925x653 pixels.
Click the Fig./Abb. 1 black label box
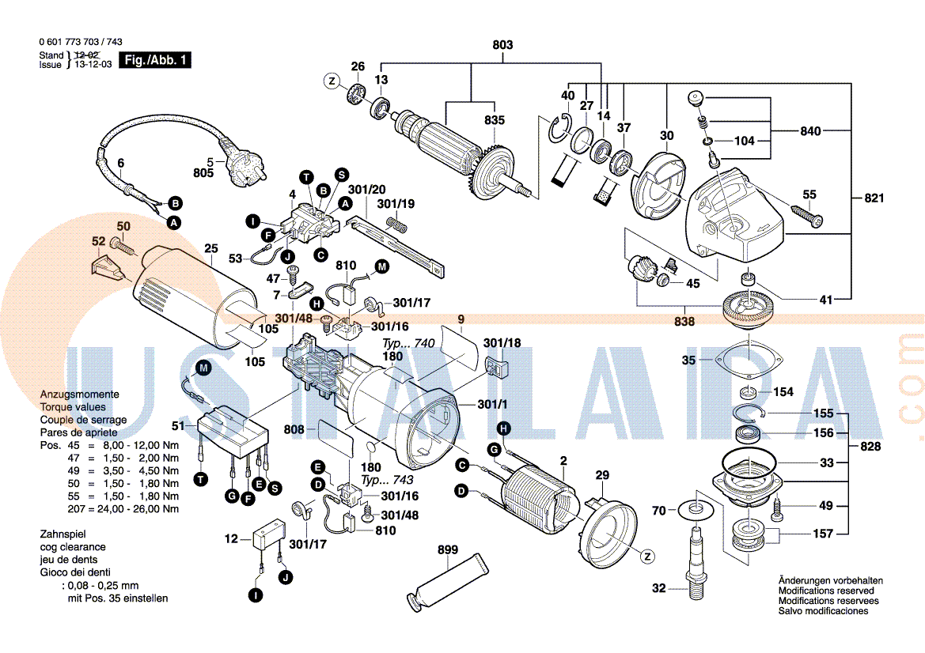[x=155, y=60]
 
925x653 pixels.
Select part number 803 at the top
[x=502, y=45]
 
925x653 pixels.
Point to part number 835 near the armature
[x=494, y=121]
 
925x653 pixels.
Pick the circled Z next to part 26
[x=332, y=80]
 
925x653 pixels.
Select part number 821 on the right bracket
[x=874, y=198]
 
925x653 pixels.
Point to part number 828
[x=870, y=447]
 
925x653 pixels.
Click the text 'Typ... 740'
[x=408, y=345]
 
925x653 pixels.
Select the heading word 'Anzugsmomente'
[x=80, y=394]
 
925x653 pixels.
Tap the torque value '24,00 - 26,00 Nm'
[x=140, y=508]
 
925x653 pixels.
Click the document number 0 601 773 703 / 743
[x=80, y=42]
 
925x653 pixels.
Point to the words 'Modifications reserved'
[x=826, y=591]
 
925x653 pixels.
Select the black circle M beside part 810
[x=381, y=266]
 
